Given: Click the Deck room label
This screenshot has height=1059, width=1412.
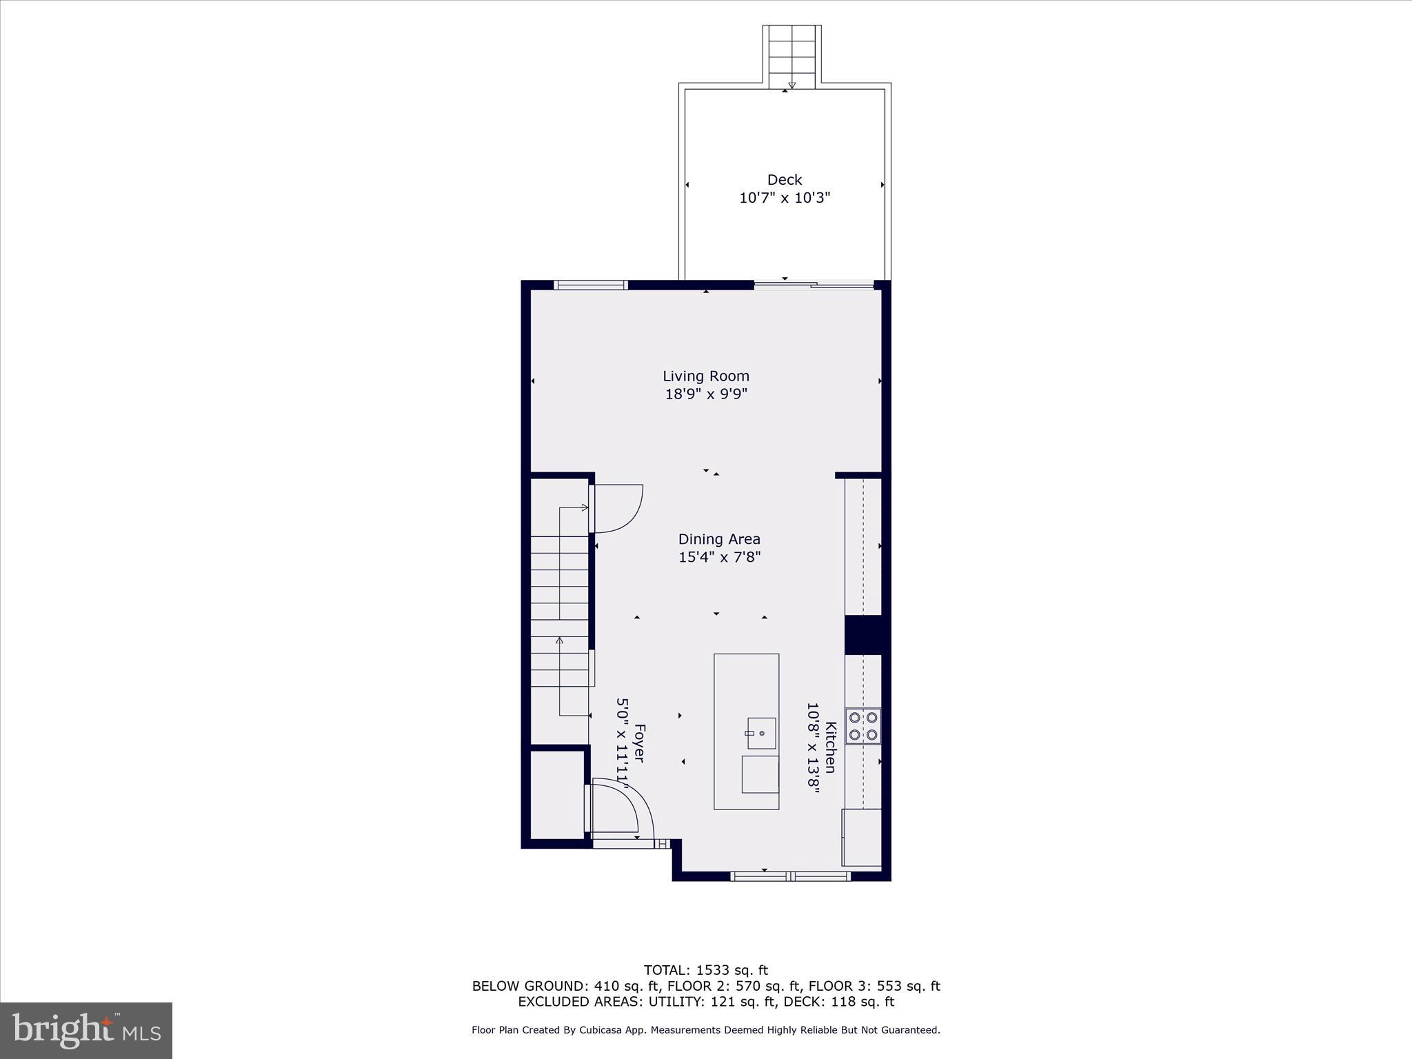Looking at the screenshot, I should (x=784, y=180).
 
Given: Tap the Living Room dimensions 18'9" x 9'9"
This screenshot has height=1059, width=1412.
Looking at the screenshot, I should (x=706, y=394).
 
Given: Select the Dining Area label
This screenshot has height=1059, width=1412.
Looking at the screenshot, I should (x=719, y=539).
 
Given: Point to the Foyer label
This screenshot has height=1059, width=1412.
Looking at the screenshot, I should (x=639, y=743).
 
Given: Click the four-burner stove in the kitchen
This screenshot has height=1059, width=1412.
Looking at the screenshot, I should (x=863, y=726).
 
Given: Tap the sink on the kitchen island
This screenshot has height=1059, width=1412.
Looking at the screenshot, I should (x=760, y=734).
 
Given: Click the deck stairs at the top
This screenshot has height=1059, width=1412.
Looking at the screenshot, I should (x=791, y=55).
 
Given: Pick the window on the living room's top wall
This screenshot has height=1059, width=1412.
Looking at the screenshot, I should (x=591, y=285).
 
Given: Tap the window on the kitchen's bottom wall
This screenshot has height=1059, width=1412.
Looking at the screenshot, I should (x=790, y=876).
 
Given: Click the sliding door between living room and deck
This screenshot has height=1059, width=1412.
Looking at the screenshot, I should (x=814, y=284).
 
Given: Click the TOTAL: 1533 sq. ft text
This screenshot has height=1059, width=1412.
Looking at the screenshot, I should (x=705, y=970).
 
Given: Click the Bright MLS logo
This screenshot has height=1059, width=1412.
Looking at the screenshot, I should (x=86, y=1030).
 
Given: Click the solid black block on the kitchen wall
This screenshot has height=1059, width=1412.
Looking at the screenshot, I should (x=863, y=634).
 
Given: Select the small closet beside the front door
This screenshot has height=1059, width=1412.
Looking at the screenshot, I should (x=556, y=794).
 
